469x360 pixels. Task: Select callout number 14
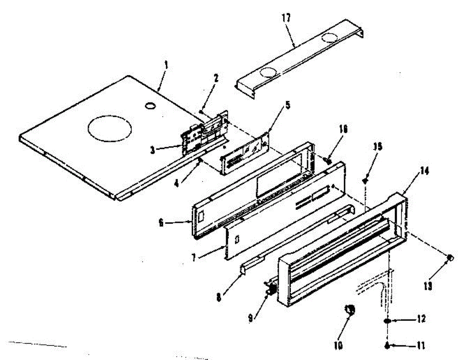pos(423,171)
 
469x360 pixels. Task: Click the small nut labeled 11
pos(387,345)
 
